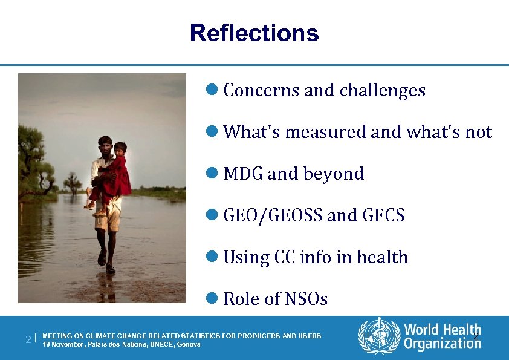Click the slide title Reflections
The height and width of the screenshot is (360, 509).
[x=254, y=33]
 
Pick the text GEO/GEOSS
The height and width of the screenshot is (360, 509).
[x=273, y=215]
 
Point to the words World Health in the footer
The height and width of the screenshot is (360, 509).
[x=442, y=330]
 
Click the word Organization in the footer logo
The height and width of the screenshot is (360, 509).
[x=442, y=344]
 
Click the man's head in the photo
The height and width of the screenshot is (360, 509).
[x=105, y=146]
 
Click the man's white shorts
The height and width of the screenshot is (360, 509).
[x=108, y=218]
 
